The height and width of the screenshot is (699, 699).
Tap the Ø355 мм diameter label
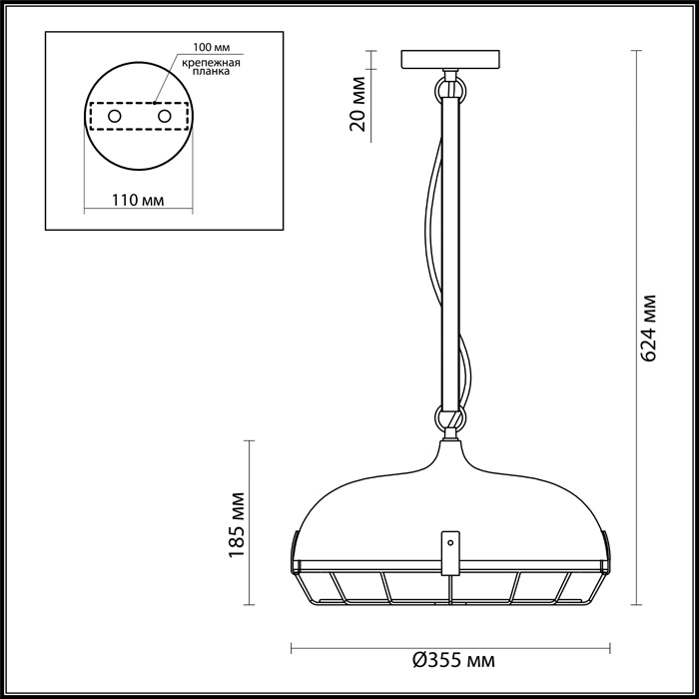tap(452, 660)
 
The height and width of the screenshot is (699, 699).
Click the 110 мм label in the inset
tap(138, 200)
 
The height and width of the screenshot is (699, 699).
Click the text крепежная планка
tap(209, 67)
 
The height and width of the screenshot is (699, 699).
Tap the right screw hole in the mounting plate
tap(162, 117)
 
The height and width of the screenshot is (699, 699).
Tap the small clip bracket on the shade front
tap(451, 552)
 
